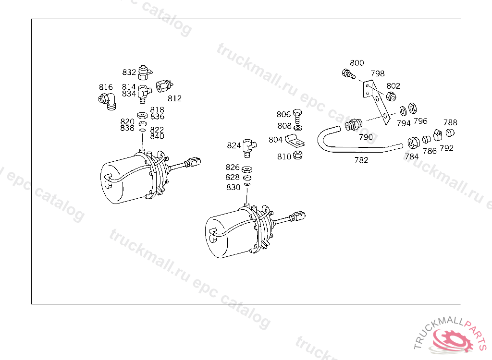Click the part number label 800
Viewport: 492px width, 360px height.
[357, 63]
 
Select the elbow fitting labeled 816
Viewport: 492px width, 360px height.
[107, 101]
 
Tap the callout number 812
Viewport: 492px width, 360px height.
[174, 98]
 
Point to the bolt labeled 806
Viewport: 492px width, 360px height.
[297, 116]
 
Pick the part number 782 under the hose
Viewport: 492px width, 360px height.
[361, 160]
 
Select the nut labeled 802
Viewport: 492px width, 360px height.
[391, 96]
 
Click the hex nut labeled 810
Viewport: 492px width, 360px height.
[297, 155]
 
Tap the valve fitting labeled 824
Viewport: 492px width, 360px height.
[249, 148]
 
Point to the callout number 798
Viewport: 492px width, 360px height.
[378, 74]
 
